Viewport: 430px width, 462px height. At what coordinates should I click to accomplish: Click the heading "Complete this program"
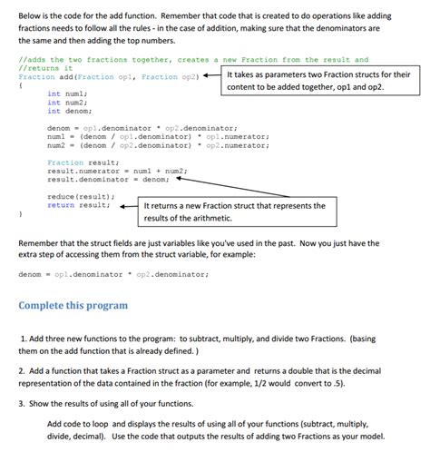click(73, 305)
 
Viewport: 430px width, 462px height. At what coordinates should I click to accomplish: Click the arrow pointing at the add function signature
click(209, 75)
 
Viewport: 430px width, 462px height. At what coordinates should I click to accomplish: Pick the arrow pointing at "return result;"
click(125, 206)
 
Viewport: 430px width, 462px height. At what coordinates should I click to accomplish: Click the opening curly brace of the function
click(20, 84)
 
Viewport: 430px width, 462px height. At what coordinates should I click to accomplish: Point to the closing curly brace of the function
click(20, 214)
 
